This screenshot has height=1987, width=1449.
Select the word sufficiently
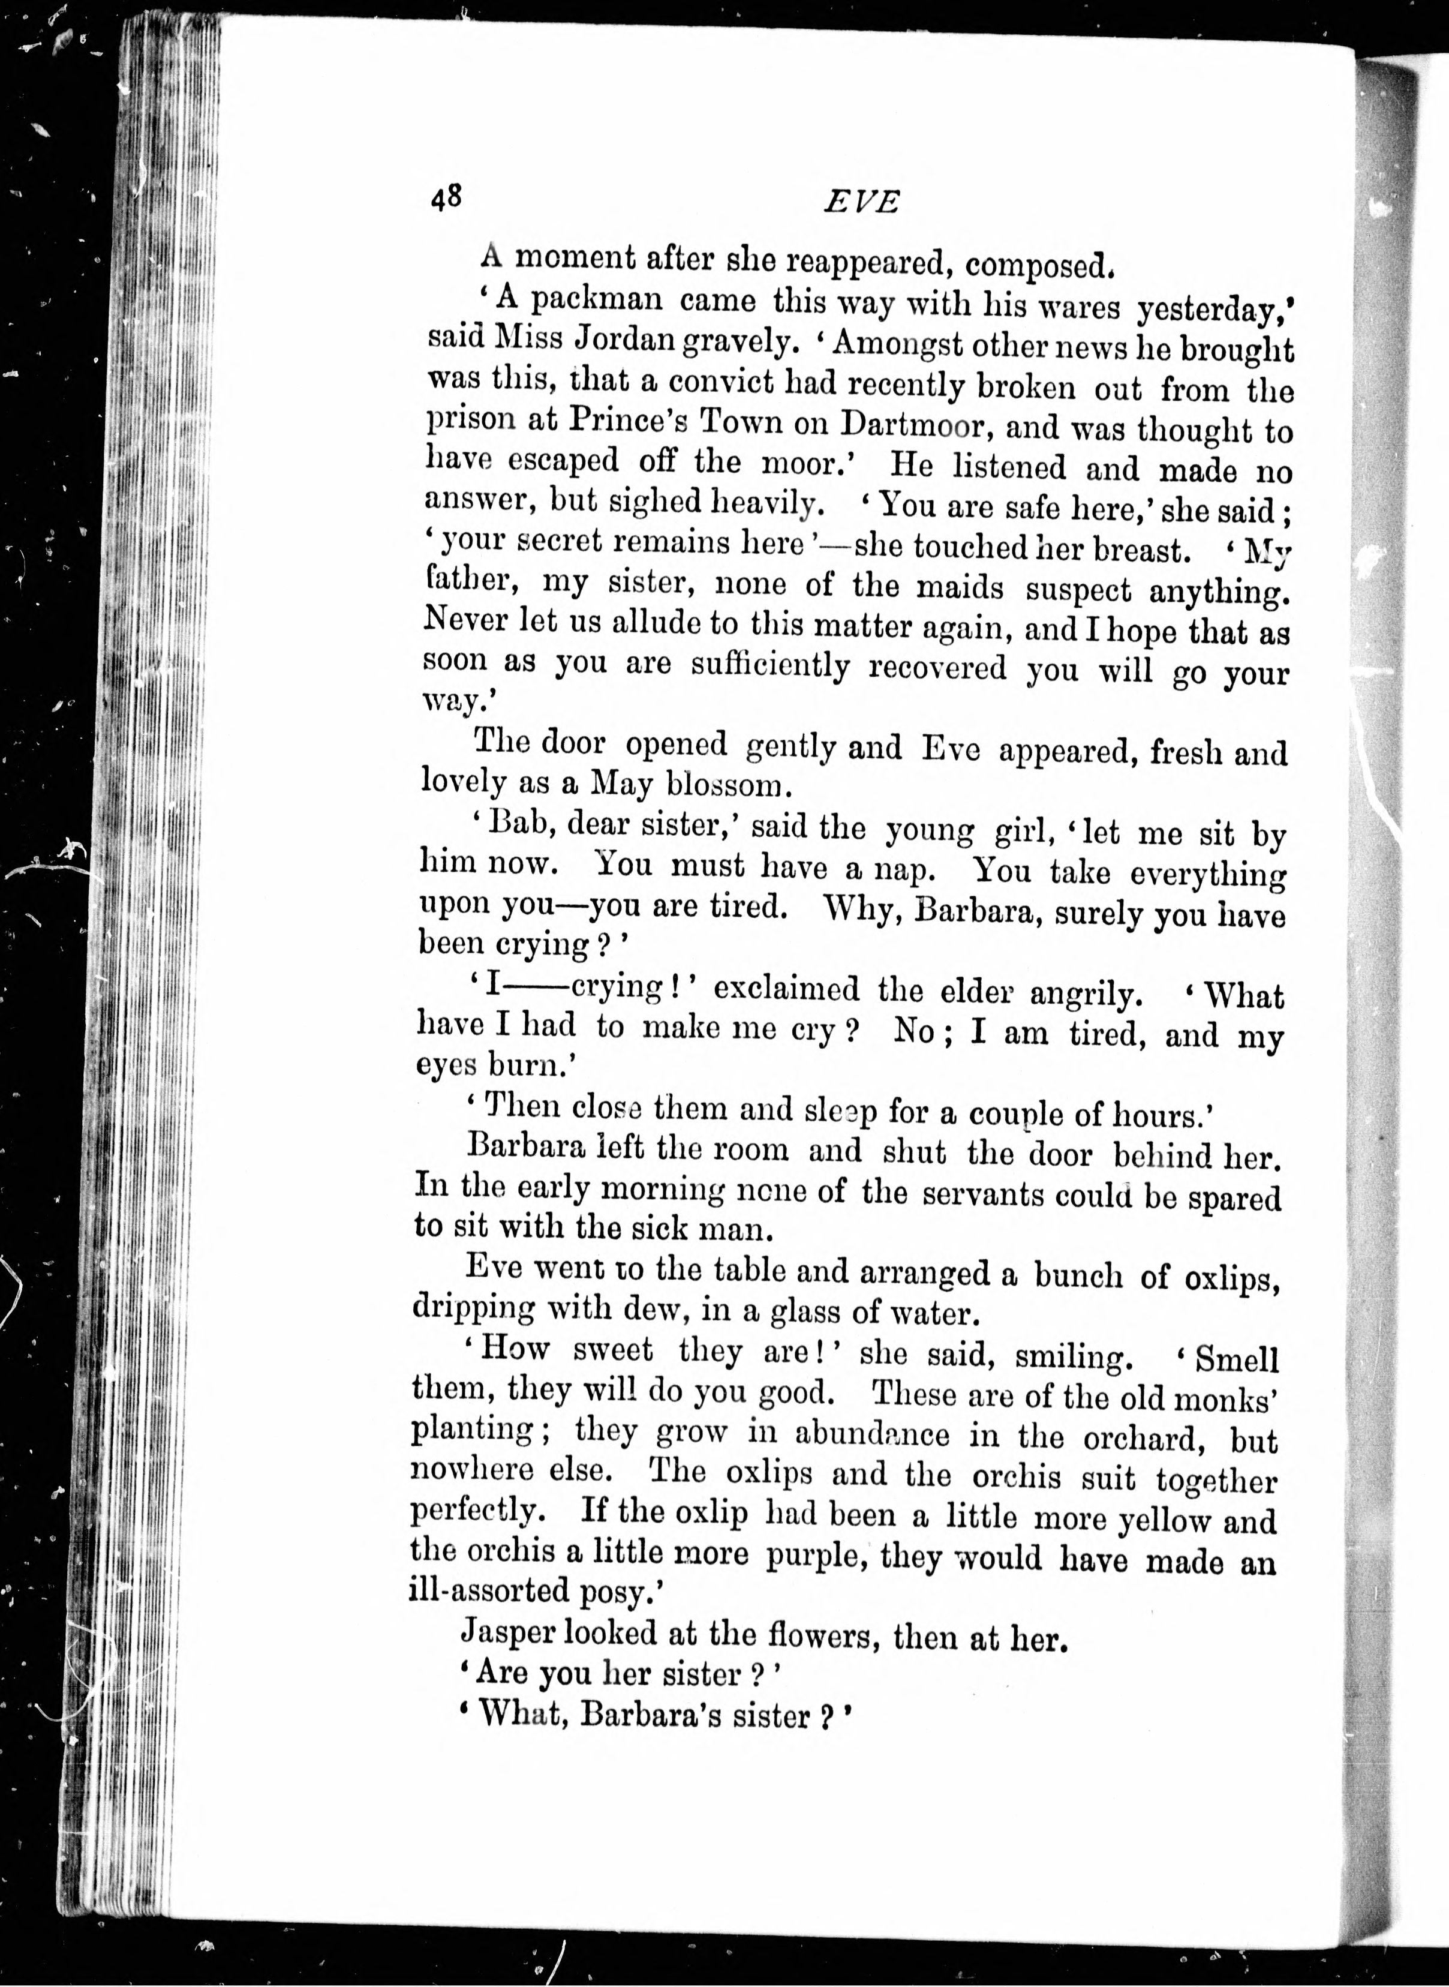click(x=769, y=667)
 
